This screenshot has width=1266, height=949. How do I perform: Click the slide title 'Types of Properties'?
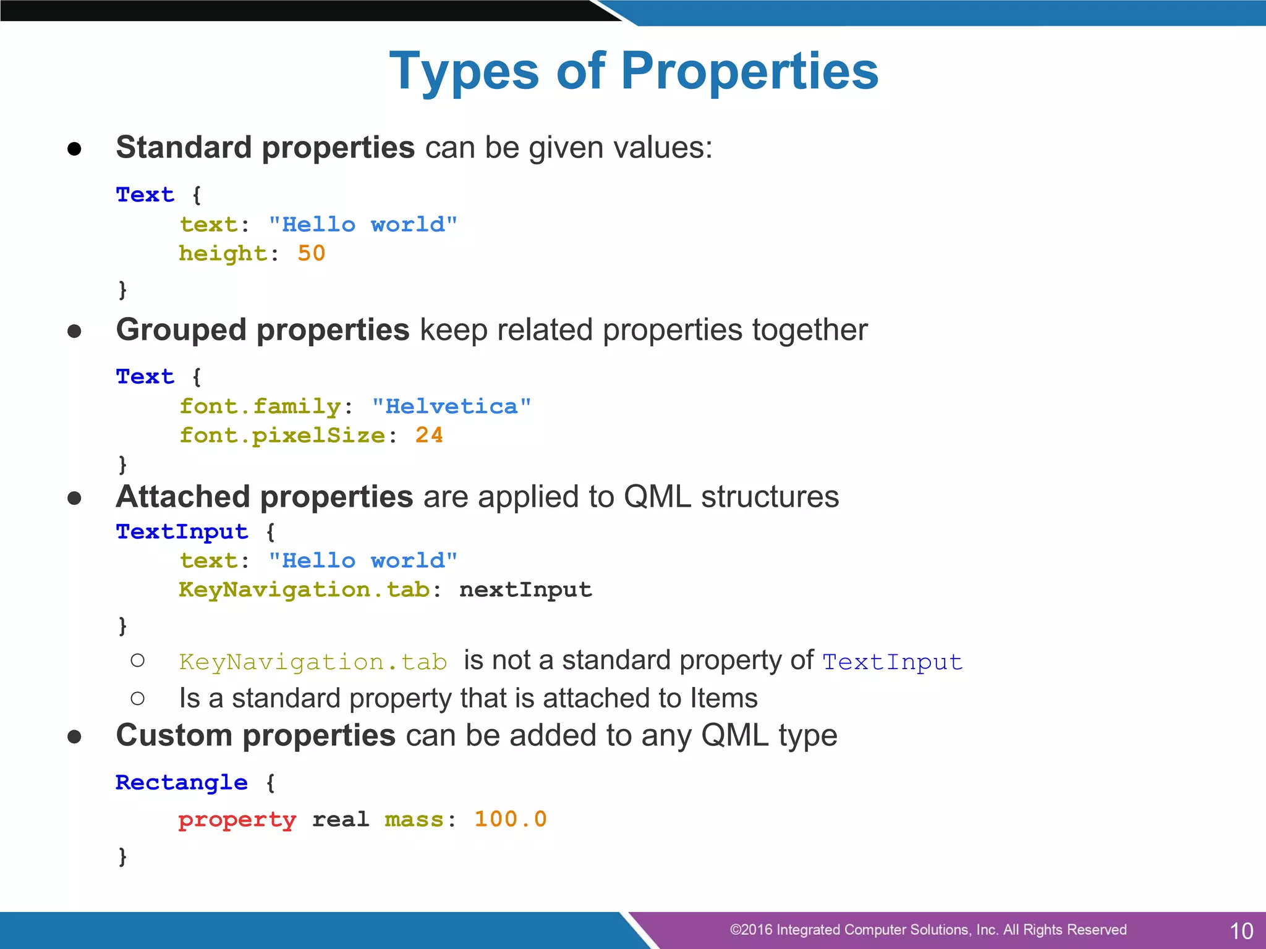(634, 71)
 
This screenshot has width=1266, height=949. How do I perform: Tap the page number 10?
(1241, 930)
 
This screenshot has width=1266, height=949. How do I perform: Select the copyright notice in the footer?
(928, 930)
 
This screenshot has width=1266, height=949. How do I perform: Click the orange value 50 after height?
(311, 253)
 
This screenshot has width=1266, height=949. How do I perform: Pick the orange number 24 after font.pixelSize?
(429, 435)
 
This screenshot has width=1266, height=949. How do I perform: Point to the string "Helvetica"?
(451, 407)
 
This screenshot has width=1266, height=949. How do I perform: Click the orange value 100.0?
(511, 819)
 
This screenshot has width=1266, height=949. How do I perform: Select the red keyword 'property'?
(237, 820)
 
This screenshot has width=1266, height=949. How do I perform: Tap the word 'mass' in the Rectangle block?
(414, 820)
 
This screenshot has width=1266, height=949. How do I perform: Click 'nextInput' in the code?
(525, 589)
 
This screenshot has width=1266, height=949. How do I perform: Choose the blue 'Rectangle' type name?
(182, 783)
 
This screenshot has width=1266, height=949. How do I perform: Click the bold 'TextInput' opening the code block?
(182, 531)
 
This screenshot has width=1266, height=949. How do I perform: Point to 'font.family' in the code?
(260, 407)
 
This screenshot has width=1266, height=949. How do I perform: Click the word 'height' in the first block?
(223, 253)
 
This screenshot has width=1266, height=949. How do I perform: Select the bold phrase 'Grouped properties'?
(263, 330)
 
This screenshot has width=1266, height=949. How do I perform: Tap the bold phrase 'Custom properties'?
(256, 735)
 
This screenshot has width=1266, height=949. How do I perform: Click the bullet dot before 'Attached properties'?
(75, 498)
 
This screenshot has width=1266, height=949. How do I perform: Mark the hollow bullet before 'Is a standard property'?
(138, 699)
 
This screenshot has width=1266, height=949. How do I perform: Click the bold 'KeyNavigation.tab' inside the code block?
(304, 589)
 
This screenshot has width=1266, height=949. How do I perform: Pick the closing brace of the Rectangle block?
(122, 856)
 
